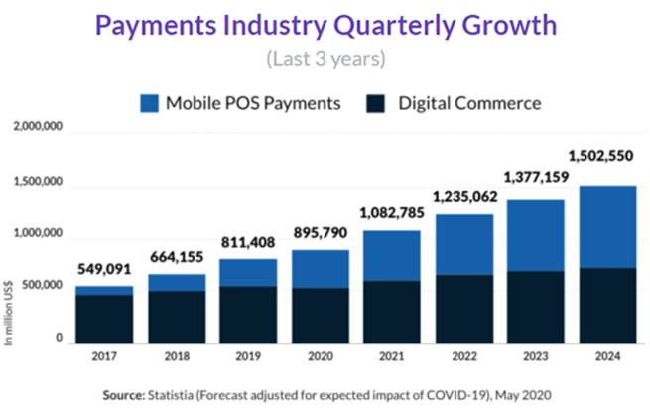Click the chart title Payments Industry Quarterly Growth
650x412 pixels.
[x=325, y=23]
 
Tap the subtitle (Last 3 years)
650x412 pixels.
[x=325, y=58]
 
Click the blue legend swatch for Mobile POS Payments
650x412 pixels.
[x=149, y=102]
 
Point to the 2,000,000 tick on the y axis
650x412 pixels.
[x=37, y=128]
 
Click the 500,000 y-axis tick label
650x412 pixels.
[x=42, y=287]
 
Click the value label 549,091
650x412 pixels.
[x=104, y=269]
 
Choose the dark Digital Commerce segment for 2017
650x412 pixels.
[x=104, y=318]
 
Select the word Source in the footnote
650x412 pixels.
[x=125, y=394]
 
